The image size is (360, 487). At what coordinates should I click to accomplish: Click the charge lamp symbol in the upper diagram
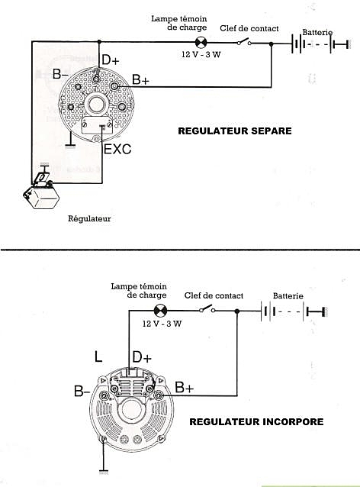point(201,42)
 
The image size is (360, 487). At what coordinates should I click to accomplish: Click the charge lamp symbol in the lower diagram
point(160,311)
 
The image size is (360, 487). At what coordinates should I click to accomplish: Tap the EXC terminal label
point(117,149)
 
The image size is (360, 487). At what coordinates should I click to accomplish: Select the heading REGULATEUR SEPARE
point(235,131)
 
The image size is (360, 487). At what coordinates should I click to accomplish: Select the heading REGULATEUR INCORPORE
point(256,422)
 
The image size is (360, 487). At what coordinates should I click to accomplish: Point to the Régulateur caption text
point(89,218)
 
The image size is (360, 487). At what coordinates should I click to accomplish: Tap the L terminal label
point(98,356)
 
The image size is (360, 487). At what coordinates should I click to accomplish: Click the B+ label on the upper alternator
point(140,79)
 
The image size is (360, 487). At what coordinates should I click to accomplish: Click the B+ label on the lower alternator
point(185,387)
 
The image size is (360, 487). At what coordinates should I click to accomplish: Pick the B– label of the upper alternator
point(60,74)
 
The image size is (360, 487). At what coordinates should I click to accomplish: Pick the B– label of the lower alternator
point(82,391)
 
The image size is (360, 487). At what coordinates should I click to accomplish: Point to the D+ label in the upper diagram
point(111,60)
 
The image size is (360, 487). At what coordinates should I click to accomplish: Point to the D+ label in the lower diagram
point(142,357)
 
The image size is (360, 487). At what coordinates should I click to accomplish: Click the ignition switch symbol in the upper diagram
point(244,42)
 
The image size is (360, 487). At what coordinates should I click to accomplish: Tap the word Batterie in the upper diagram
point(317,32)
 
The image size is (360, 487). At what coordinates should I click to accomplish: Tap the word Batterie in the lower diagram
point(288,295)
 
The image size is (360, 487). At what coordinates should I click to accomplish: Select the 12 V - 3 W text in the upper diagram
point(201,54)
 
